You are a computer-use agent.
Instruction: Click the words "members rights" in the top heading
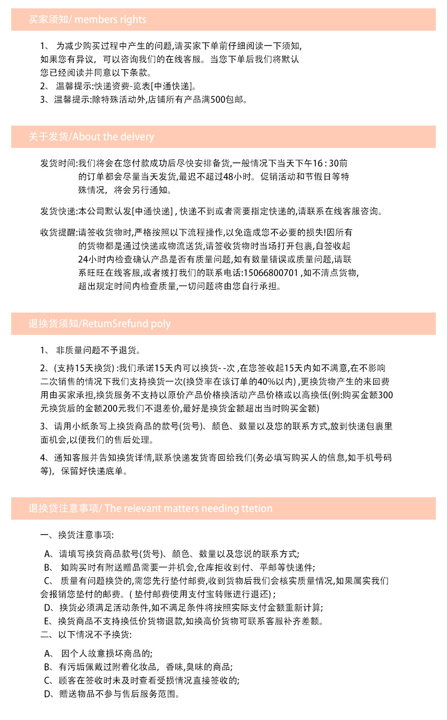coord(110,20)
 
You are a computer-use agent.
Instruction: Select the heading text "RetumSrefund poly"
coord(126,324)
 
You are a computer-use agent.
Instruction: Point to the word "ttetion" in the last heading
coord(257,508)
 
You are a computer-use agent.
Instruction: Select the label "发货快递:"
coord(59,212)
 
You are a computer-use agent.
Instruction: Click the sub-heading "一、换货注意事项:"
coord(77,536)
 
